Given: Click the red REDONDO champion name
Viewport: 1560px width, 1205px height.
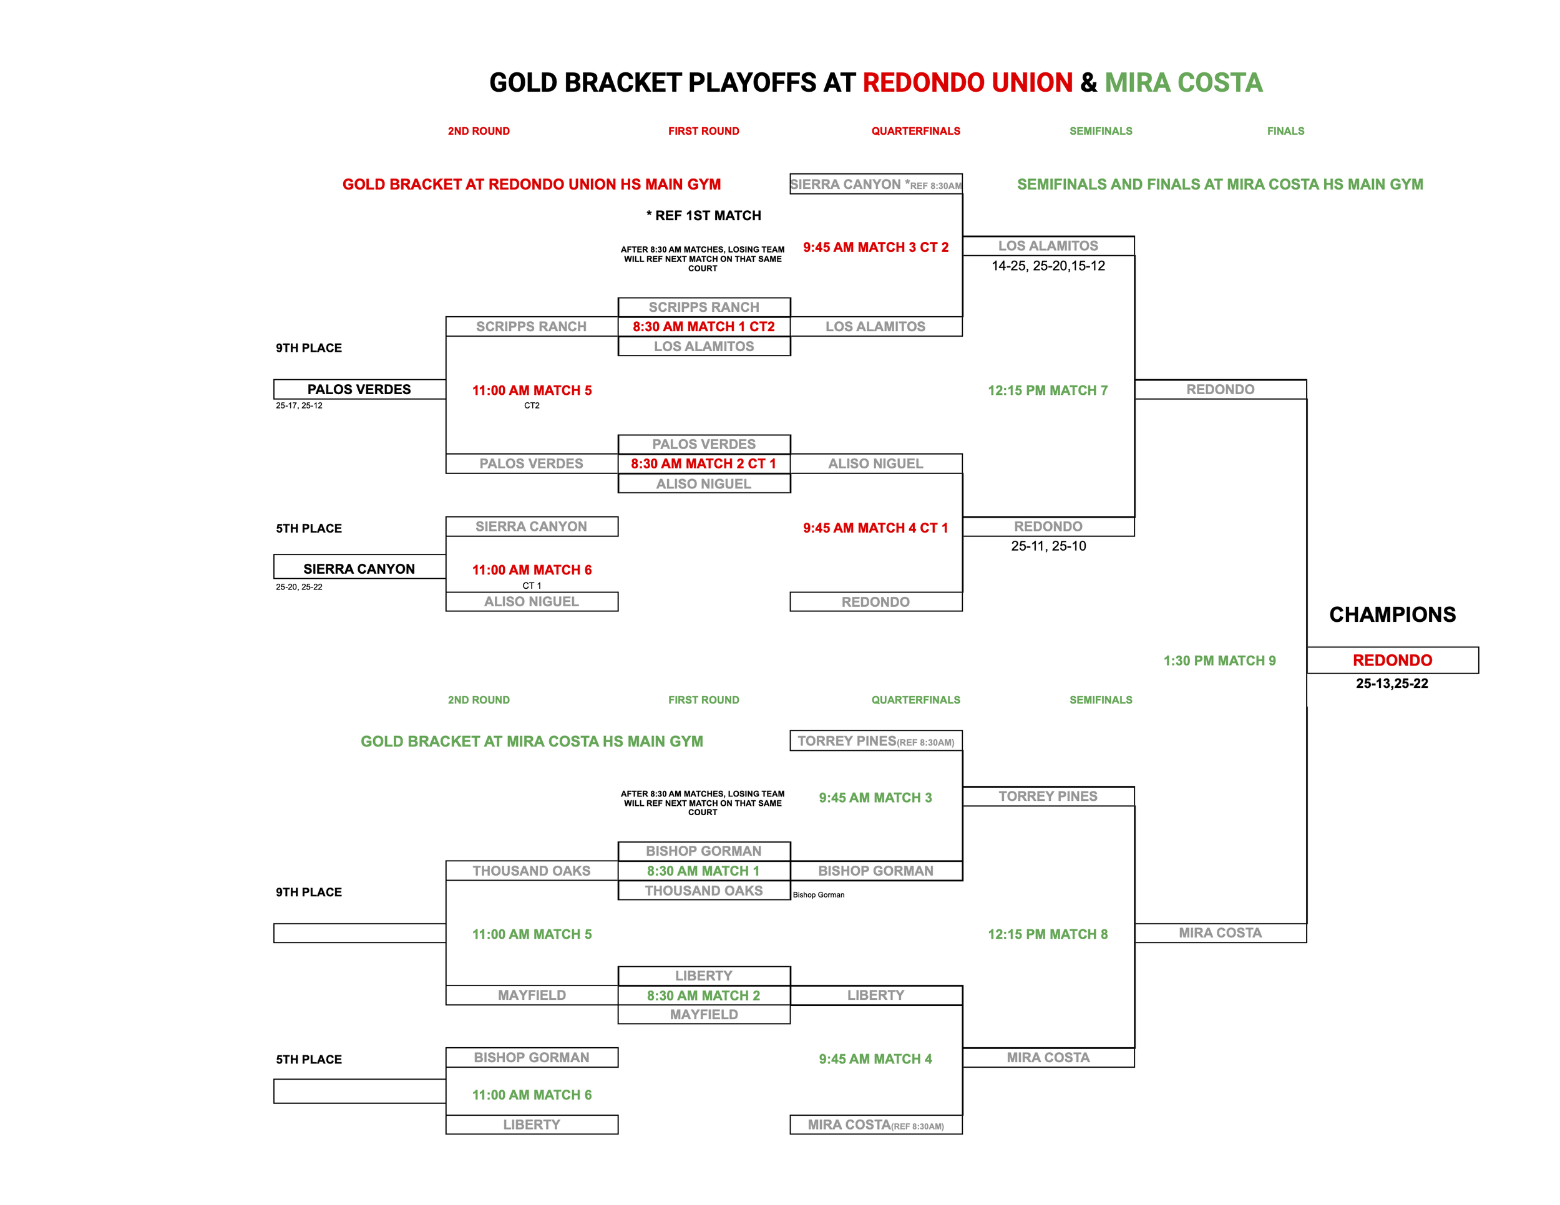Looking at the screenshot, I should point(1392,661).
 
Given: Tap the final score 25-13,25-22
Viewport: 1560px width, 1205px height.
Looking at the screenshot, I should point(1392,683).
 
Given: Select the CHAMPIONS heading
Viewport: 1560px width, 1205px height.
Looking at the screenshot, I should point(1392,614).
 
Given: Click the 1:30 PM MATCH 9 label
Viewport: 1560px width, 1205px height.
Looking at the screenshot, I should point(1219,661).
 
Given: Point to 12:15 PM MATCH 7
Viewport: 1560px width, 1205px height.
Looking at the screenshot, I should point(1047,390).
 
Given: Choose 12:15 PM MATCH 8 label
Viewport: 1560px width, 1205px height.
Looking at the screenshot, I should point(1047,934).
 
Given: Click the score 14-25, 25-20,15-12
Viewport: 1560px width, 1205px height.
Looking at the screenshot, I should point(1048,266).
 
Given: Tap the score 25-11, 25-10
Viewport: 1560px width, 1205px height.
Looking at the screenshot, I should point(1048,546).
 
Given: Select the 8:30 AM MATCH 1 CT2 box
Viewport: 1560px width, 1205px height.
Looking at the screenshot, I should point(704,326).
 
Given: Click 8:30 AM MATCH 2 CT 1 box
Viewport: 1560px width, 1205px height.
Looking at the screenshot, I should point(704,463).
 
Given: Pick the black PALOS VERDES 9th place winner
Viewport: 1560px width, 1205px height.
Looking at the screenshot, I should point(359,389).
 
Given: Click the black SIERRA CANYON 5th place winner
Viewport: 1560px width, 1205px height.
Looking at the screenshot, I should point(359,569).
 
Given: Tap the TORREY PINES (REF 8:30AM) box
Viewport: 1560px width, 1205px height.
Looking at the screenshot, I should point(875,741).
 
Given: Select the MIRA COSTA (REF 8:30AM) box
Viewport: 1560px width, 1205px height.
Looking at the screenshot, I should point(875,1125).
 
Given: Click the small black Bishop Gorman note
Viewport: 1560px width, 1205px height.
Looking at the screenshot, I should point(818,894).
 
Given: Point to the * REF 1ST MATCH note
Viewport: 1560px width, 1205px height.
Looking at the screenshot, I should point(704,216).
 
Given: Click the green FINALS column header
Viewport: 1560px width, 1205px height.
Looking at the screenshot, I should point(1285,132).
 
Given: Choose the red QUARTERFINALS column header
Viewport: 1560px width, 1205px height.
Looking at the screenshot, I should point(915,132).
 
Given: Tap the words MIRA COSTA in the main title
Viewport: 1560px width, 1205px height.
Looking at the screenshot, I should point(1183,83).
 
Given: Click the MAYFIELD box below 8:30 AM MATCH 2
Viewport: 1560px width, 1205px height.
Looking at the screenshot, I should point(704,1014).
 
